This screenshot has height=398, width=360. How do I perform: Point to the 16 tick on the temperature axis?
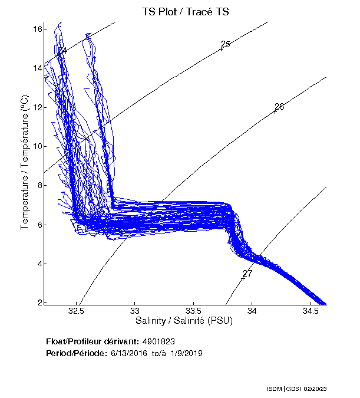[38, 29]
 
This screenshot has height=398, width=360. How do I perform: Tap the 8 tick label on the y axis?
[39, 186]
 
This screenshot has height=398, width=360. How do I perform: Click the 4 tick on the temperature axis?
[39, 264]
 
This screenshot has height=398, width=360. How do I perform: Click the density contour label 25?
[225, 44]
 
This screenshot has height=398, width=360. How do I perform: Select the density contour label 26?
[279, 107]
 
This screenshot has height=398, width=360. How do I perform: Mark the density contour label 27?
[247, 274]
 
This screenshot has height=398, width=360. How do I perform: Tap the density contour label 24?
[62, 51]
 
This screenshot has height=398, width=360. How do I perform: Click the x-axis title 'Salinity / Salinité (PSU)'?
[185, 321]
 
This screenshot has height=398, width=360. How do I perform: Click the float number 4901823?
[158, 341]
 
